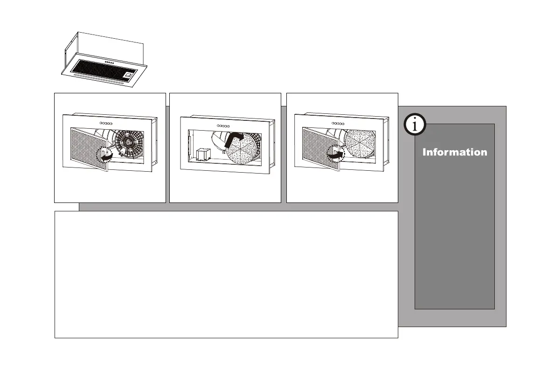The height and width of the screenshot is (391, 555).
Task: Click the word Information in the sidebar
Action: pyautogui.click(x=455, y=152)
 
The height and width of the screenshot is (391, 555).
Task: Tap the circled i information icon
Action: pyautogui.click(x=414, y=125)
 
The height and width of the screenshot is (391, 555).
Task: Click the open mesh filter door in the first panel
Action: pyautogui.click(x=89, y=148)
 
